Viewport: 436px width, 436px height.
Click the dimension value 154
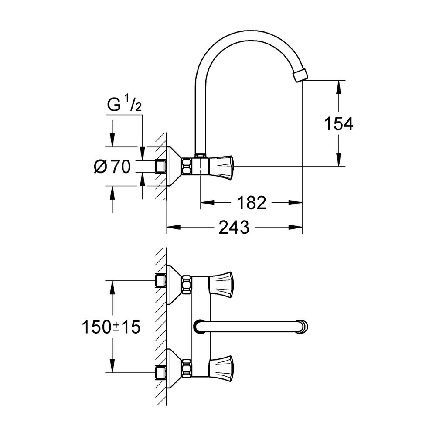pos(338,124)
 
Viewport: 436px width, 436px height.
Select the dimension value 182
pos(251,202)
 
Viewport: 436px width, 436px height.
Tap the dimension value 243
pos(234,227)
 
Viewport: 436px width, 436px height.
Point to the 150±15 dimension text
pos(111,327)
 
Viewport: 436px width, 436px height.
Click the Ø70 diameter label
pos(112,167)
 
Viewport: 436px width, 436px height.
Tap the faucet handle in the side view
pos(222,166)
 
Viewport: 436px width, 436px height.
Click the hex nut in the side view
pos(186,166)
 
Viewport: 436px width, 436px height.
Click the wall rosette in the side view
pos(173,166)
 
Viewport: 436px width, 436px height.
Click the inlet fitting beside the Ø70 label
pos(161,167)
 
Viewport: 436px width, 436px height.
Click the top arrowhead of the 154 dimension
pos(338,85)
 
